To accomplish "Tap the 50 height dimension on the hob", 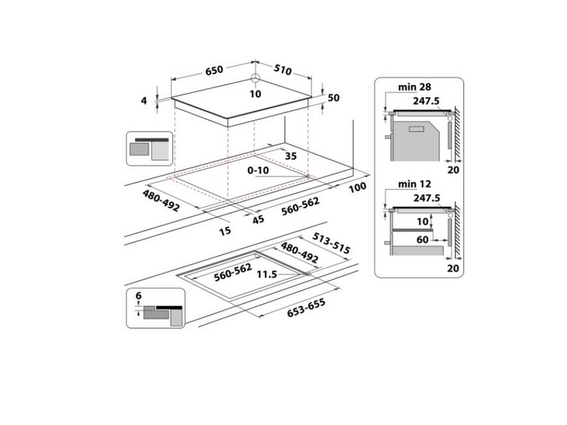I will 335,98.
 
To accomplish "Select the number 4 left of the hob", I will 144,101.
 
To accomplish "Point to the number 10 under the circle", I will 255,93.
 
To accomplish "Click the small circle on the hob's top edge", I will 255,79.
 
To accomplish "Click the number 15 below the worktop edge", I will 225,230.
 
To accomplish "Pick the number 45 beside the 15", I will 257,220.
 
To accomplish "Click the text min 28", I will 415,86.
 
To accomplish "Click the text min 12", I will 415,185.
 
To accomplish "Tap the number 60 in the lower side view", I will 422,241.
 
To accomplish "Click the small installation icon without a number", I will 149,149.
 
